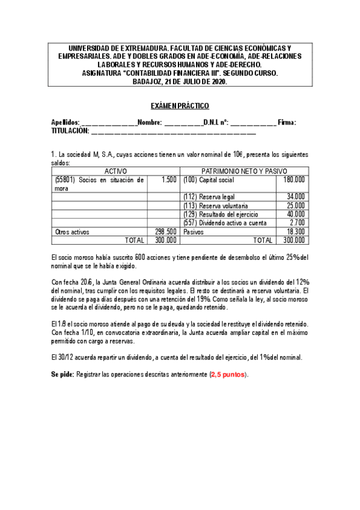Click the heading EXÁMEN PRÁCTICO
(x=180, y=106)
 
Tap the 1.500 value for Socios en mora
(x=169, y=180)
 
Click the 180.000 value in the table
(x=293, y=180)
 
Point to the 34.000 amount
(x=295, y=197)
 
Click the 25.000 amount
(x=295, y=206)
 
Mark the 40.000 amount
(x=295, y=214)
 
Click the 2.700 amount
(x=297, y=223)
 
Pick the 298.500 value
(x=165, y=232)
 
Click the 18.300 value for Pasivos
(x=295, y=232)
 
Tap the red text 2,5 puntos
(x=228, y=374)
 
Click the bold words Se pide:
(x=63, y=374)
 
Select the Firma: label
(x=287, y=123)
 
